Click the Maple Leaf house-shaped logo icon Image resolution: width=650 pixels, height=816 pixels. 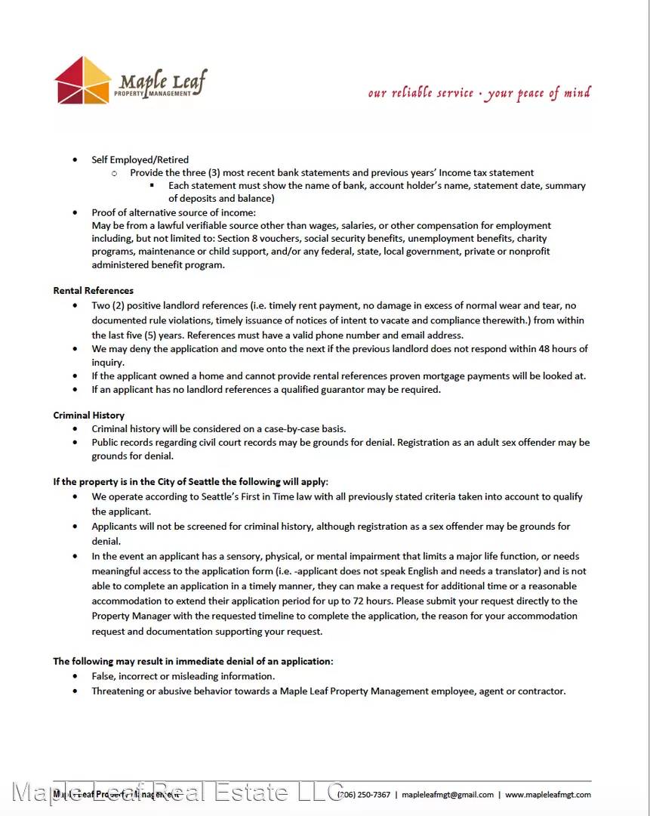(x=83, y=80)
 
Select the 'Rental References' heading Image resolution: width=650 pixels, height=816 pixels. (x=93, y=291)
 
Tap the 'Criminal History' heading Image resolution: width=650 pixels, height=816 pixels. (x=88, y=416)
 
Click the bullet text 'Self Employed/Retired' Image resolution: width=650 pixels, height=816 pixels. (x=140, y=159)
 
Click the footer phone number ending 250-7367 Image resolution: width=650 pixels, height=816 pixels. (x=365, y=795)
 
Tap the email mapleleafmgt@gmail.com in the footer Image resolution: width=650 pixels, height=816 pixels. (x=448, y=795)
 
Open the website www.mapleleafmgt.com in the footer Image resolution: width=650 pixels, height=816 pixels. (x=547, y=795)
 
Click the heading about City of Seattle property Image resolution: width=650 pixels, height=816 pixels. (x=190, y=481)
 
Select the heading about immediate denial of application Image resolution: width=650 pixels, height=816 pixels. (x=193, y=661)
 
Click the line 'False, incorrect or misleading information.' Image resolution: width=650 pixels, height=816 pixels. (x=183, y=676)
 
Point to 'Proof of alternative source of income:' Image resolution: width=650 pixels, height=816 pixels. (x=174, y=212)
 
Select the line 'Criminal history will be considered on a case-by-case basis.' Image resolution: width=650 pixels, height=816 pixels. (x=219, y=428)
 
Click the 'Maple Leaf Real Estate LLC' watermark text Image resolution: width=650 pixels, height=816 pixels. (x=178, y=792)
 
